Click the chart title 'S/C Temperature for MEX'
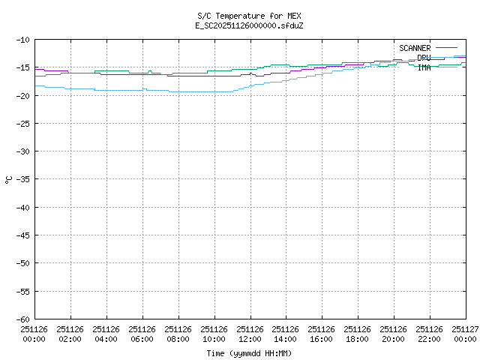[249, 16]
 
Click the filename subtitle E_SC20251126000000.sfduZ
[249, 25]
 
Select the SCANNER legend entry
[415, 48]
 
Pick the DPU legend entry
[424, 58]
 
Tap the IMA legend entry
[424, 67]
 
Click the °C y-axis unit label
[8, 179]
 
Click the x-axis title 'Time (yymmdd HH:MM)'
[249, 353]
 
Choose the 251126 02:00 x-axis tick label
[70, 334]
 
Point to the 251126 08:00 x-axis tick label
[178, 334]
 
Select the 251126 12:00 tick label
[250, 334]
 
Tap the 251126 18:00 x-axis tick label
[358, 334]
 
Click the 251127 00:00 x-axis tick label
[466, 334]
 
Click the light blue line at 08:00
[178, 91]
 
